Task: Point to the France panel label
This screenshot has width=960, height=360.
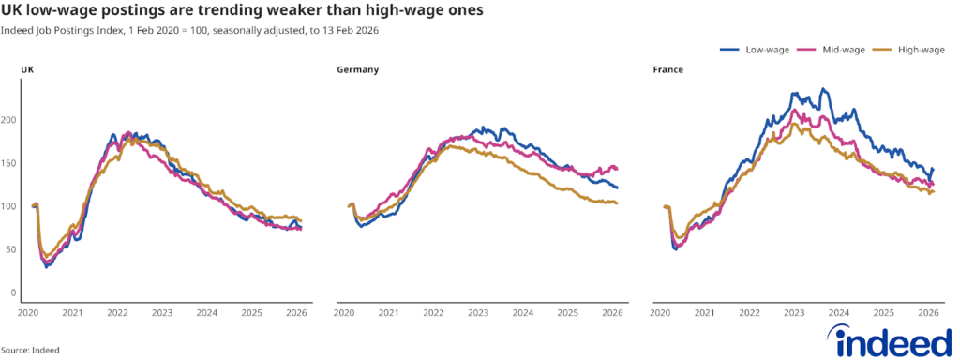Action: tap(667, 70)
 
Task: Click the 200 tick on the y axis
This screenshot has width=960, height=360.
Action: tap(11, 120)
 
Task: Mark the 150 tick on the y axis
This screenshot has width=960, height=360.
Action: tap(11, 163)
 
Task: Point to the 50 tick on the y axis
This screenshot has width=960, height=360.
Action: tap(13, 249)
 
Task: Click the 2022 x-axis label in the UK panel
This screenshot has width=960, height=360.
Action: tap(117, 313)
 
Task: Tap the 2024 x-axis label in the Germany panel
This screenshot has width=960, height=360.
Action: tap(522, 313)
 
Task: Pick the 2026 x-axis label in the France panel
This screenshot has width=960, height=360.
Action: tap(927, 313)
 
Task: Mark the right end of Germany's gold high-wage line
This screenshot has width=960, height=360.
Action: tap(617, 202)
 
